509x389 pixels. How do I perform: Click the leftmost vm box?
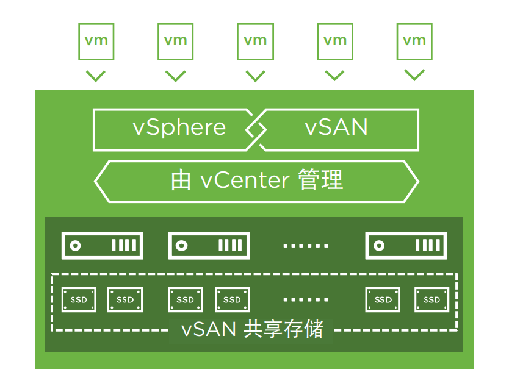coord(96,41)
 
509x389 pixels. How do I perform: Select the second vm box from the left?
coord(176,41)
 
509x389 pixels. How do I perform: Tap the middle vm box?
coord(255,41)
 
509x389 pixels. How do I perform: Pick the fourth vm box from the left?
coord(335,41)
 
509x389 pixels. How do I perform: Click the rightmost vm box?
coord(414,41)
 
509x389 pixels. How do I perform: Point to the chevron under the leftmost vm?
coord(96,76)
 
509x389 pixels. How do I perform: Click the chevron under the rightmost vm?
coord(414,76)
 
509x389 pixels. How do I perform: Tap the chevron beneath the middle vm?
coord(255,76)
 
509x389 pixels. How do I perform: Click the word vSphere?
coord(179,127)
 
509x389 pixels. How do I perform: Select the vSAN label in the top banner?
coord(336,127)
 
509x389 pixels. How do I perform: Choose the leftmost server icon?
coord(103,246)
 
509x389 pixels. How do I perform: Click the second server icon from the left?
coord(209,246)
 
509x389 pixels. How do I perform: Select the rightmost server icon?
coord(406,246)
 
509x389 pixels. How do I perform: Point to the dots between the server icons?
coord(306,246)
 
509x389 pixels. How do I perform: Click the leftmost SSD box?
coord(79,299)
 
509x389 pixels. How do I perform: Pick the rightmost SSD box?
coord(431,299)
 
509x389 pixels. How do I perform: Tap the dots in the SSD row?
coord(306,299)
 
